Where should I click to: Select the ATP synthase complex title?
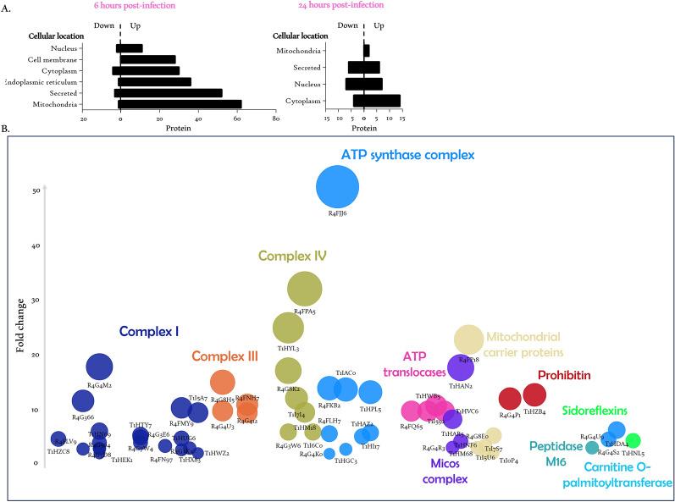click(407, 155)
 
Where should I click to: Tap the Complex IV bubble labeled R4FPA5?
click(305, 290)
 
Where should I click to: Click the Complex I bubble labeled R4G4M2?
click(100, 367)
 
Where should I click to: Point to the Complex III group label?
click(224, 357)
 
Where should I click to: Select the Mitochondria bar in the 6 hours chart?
click(180, 105)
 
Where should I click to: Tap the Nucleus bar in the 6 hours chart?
click(131, 48)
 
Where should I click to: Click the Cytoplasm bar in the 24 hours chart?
click(377, 101)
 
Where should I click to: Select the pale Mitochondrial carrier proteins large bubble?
click(469, 339)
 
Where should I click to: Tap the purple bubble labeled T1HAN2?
click(461, 369)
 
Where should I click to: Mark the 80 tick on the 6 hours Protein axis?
click(275, 119)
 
